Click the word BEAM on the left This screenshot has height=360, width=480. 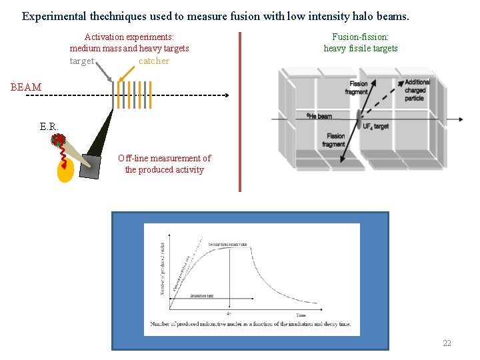tap(26, 87)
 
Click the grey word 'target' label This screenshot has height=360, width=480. tap(82, 61)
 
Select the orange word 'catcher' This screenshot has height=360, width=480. tap(154, 61)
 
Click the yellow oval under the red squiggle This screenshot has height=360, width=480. tap(65, 171)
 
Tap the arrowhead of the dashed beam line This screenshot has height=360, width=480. tap(225, 96)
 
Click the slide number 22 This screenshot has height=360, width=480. tap(447, 343)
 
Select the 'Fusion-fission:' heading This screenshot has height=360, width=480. tap(360, 38)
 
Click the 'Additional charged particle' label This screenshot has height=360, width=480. tap(417, 90)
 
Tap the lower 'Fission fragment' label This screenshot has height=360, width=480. tap(333, 140)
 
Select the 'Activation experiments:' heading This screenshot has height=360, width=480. tap(129, 38)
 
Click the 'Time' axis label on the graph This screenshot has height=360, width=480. tap(301, 315)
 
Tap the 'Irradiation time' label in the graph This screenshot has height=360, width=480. tap(201, 295)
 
